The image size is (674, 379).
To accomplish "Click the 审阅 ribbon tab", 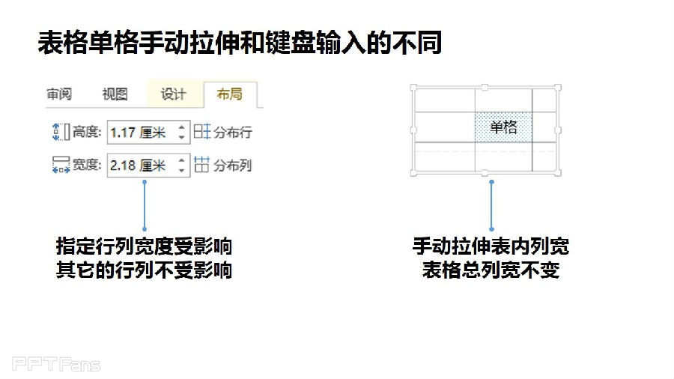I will (x=58, y=94).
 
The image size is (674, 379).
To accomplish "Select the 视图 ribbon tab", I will (x=115, y=94).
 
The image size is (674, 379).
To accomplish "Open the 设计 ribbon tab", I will (x=173, y=94).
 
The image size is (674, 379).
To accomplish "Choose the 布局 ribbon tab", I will (x=230, y=94).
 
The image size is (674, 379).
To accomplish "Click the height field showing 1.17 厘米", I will (x=141, y=133).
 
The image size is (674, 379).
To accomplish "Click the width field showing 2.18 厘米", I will (x=141, y=166).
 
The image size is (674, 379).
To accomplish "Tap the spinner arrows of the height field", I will (x=181, y=133).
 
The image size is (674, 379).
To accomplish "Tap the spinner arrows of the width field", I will (x=181, y=166).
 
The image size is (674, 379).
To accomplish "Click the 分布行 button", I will (x=223, y=133).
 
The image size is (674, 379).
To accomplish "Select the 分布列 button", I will (x=223, y=166).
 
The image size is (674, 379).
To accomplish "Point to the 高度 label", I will (x=86, y=133).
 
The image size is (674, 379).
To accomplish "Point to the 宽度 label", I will (x=86, y=166).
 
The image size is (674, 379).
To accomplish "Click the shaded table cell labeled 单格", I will (x=503, y=127).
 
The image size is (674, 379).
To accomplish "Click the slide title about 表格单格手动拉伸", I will (x=240, y=43).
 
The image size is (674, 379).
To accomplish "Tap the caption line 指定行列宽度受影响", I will (x=144, y=246).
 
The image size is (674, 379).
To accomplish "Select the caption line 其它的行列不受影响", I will (x=144, y=270).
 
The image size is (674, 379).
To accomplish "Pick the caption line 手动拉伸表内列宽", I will (x=491, y=246).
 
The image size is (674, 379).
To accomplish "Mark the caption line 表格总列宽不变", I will (x=491, y=270).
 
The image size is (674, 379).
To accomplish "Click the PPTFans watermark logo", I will (x=56, y=365).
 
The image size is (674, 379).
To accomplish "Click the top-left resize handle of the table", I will (x=413, y=87).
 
